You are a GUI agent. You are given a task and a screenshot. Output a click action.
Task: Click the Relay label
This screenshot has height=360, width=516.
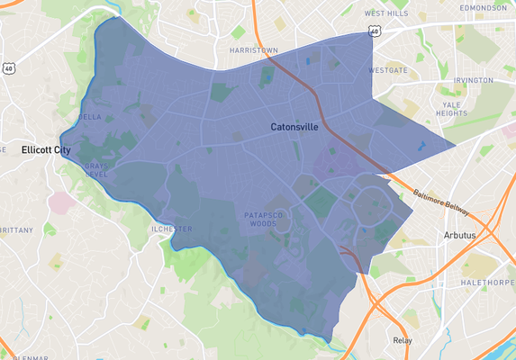coord(402,340)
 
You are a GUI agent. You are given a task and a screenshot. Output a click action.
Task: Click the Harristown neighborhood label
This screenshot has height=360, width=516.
coord(254,50)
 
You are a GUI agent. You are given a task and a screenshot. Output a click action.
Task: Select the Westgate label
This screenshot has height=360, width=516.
coord(388,69)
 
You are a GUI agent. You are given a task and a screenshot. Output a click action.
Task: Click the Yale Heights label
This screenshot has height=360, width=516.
coord(451,108)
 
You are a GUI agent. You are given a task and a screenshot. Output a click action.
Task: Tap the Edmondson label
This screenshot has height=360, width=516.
coord(487,7)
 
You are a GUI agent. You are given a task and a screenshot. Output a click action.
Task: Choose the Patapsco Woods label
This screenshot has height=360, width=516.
coord(264,219)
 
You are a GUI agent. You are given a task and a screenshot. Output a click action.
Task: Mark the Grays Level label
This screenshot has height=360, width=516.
coord(96,170)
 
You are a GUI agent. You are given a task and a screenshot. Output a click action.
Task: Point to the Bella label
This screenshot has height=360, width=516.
coord(90,117)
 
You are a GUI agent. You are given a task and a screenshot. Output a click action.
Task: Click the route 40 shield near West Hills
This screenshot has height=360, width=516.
coord(373,31)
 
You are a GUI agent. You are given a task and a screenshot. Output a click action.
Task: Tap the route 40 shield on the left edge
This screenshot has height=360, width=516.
coord(8,67)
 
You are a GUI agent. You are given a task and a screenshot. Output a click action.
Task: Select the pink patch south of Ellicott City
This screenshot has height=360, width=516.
coord(61,202)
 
